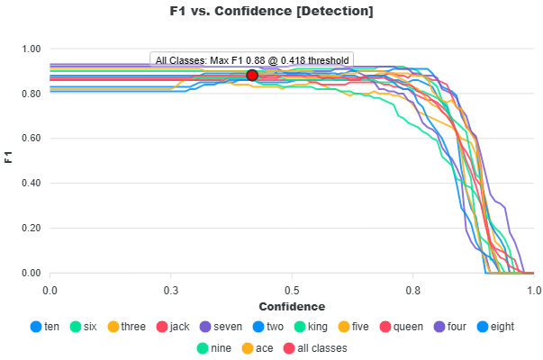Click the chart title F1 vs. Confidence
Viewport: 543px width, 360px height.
click(x=271, y=12)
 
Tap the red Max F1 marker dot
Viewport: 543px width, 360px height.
click(x=252, y=75)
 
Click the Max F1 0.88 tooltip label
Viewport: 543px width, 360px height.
click(x=252, y=60)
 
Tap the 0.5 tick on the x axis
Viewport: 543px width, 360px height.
click(x=292, y=291)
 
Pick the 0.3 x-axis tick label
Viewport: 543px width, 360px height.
click(x=171, y=291)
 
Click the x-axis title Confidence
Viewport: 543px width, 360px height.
click(x=292, y=307)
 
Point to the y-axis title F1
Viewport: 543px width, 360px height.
click(x=9, y=160)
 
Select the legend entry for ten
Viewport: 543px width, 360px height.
click(x=45, y=327)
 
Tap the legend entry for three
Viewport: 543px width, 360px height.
click(x=126, y=327)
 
